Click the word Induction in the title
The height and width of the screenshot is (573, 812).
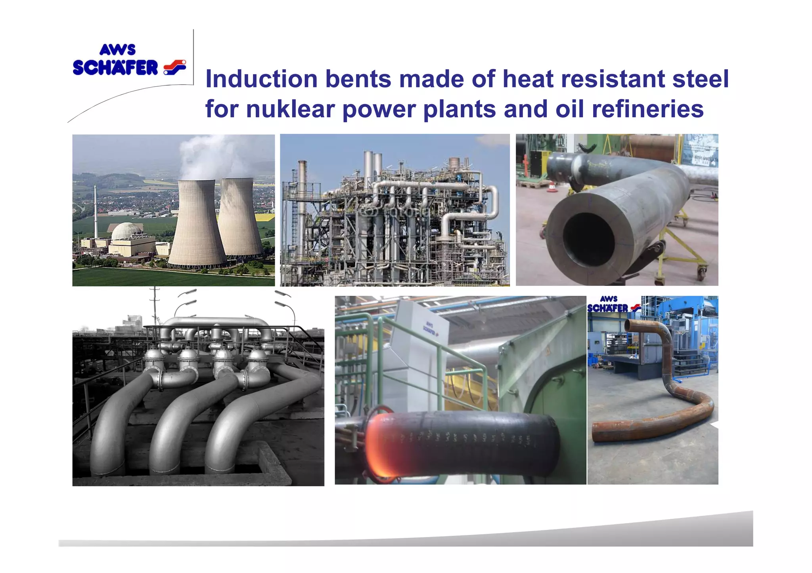(261, 79)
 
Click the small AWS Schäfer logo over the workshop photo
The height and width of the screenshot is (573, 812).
(613, 304)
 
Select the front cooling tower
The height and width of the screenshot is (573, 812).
(197, 226)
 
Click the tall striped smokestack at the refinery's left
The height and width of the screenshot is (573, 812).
(302, 206)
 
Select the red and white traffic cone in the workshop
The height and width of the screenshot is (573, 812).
(551, 186)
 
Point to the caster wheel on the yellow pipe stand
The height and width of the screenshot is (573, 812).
(702, 272)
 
